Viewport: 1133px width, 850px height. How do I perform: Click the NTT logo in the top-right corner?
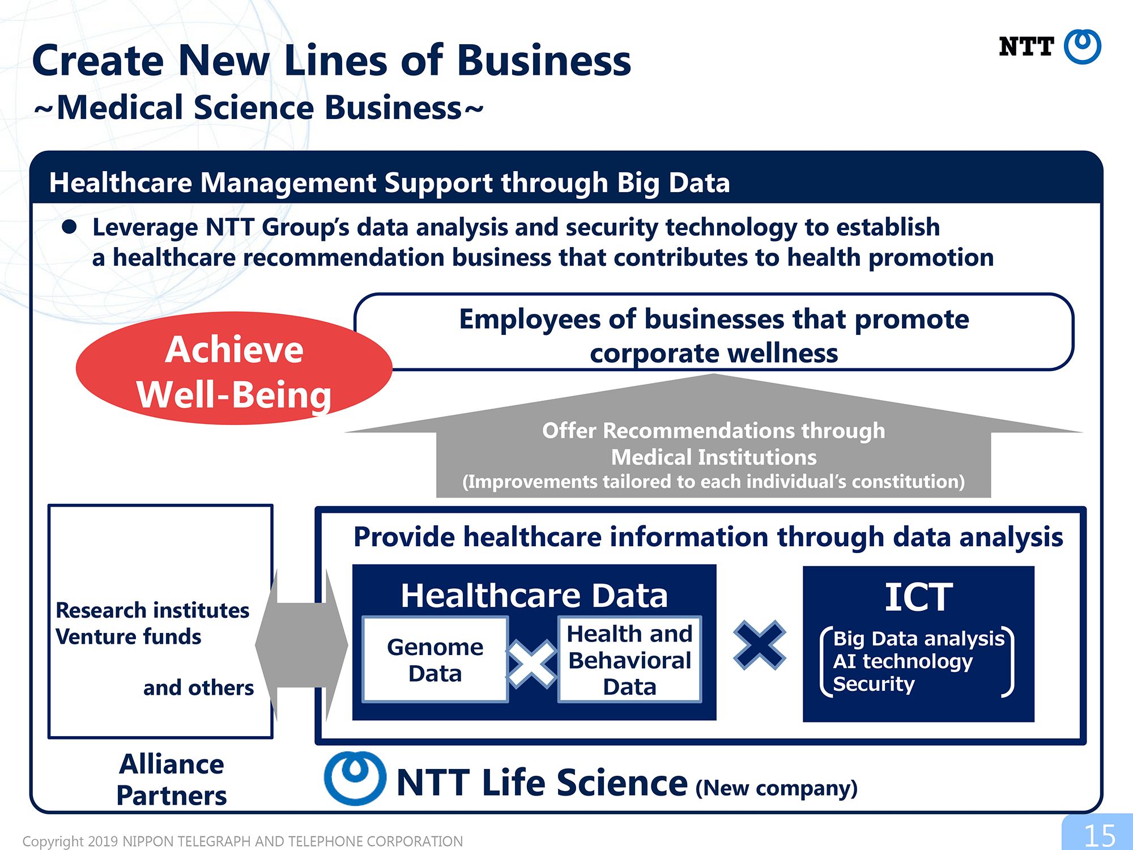1050,46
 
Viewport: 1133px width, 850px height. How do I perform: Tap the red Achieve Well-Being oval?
234,368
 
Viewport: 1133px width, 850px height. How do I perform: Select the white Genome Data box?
435,660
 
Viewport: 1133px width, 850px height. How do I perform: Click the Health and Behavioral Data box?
629,660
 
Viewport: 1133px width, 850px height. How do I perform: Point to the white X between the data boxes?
533,663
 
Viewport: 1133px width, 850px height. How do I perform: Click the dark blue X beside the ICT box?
760,645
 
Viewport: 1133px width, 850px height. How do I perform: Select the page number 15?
1099,835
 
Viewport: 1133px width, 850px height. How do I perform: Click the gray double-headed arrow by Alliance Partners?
301,645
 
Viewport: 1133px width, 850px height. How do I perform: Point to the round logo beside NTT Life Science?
355,778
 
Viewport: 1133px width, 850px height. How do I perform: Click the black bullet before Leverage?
69,227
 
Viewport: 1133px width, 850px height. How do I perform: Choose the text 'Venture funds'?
129,637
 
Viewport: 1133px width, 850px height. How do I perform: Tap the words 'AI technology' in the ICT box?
902,661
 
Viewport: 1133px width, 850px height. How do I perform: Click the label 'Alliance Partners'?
172,780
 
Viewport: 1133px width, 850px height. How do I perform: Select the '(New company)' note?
777,788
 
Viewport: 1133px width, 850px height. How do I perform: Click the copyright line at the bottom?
242,841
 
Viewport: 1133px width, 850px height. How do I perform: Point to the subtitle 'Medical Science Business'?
259,108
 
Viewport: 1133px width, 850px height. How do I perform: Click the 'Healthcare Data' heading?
534,596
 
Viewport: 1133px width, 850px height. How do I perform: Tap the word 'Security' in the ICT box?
874,685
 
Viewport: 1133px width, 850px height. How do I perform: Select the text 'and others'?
198,688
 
